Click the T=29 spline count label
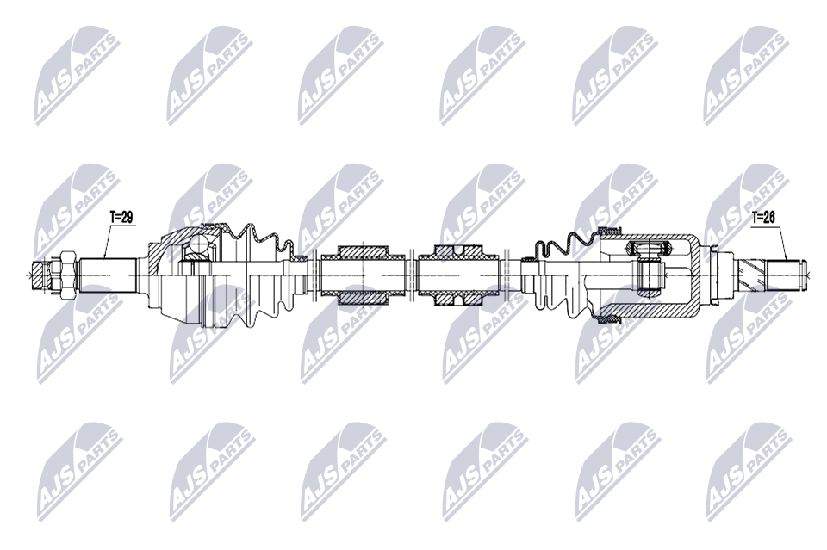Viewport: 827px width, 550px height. point(121,218)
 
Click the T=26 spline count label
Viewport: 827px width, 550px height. point(763,218)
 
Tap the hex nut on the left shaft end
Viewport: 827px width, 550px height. point(63,275)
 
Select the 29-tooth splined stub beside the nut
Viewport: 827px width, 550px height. point(108,275)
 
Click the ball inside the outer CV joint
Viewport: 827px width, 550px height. point(198,246)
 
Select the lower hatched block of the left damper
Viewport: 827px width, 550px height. point(363,298)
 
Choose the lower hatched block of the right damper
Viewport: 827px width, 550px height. point(457,298)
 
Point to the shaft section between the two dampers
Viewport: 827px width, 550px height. point(411,275)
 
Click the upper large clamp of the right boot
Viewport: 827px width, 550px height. point(607,230)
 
